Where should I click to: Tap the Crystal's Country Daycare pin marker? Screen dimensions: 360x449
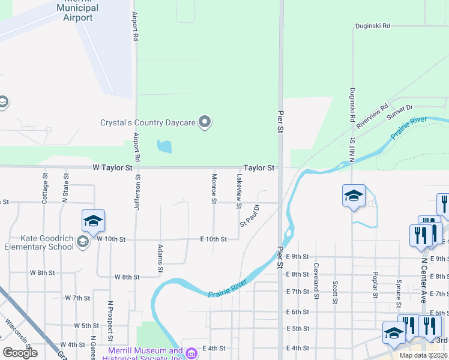[205, 122]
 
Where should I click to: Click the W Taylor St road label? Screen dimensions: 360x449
[112, 169]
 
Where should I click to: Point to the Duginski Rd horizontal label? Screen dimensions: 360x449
[372, 26]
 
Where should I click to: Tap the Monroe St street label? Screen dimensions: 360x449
[214, 188]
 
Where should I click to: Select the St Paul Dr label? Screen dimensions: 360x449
[249, 215]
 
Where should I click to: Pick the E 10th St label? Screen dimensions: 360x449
[213, 239]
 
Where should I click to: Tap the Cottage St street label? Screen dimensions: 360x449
[45, 188]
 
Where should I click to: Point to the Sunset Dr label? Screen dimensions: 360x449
[400, 111]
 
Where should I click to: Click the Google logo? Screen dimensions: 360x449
[20, 353]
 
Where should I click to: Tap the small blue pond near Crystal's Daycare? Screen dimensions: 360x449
[164, 146]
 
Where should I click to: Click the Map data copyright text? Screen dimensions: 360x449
[423, 355]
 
